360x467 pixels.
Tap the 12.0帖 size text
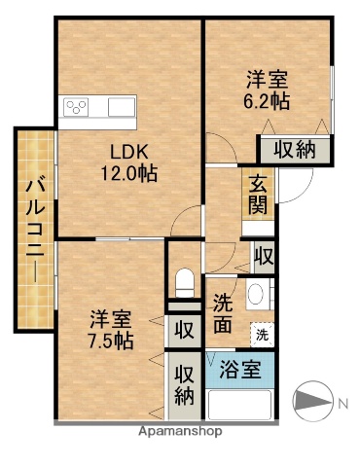pos(130,173)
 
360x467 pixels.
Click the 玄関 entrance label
pos(257,194)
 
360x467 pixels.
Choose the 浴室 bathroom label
pos(239,369)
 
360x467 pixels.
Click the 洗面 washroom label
pos(222,313)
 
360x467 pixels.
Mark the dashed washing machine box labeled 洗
pos(261,335)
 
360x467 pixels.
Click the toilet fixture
pos(182,283)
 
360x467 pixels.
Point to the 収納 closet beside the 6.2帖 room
pos(294,149)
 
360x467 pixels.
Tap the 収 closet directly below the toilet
pos(183,329)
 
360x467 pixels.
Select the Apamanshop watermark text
pos(180,430)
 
